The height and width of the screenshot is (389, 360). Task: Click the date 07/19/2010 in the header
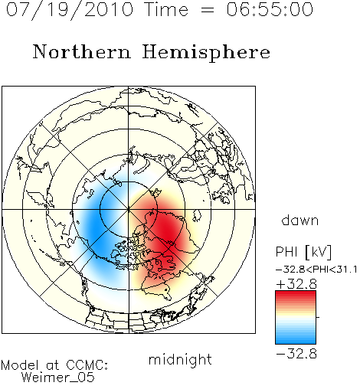[x=70, y=10]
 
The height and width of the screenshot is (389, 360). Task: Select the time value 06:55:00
[x=270, y=9]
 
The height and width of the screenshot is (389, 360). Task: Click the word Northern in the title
[x=82, y=52]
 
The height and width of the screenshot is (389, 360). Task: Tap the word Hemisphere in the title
[x=206, y=53]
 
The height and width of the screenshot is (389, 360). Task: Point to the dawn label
[x=300, y=220]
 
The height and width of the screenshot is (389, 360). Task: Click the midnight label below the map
[x=180, y=359]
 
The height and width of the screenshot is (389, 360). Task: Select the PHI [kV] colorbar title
[x=303, y=252]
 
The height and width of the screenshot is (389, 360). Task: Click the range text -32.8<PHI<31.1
[x=316, y=270]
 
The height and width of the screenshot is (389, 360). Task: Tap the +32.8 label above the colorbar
[x=296, y=284]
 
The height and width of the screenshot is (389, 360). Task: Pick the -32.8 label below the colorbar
[x=296, y=354]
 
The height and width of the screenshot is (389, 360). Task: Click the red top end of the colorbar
[x=296, y=293]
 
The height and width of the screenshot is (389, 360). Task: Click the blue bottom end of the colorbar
[x=296, y=342]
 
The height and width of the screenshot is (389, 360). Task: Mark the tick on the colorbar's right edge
[x=318, y=317]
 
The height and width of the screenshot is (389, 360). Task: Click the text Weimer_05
[x=58, y=378]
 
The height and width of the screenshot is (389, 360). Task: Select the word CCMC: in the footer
[x=87, y=365]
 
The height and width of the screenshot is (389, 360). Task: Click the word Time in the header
[x=166, y=9]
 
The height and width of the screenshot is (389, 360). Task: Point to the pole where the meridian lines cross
[x=129, y=209]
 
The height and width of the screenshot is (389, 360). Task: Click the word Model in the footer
[x=20, y=365]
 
